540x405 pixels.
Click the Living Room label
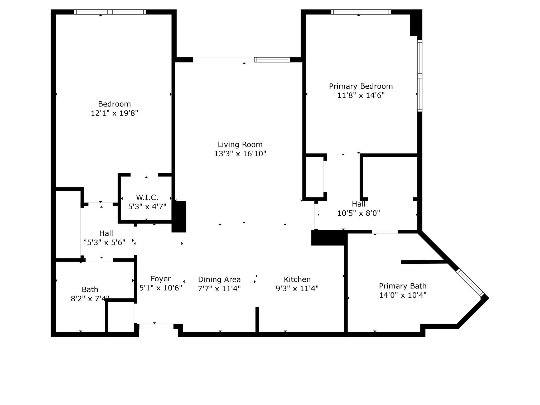click(240, 144)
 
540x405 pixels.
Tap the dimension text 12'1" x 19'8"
click(114, 113)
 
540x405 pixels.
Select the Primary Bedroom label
click(361, 86)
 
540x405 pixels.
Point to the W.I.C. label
click(147, 197)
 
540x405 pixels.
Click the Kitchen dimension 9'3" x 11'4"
click(297, 288)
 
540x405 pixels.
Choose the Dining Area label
click(219, 279)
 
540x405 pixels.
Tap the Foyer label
click(161, 279)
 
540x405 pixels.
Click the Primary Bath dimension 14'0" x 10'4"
click(403, 295)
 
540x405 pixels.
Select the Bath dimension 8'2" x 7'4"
click(90, 299)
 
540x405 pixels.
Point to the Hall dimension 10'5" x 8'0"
click(359, 213)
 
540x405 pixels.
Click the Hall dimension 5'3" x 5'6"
click(106, 242)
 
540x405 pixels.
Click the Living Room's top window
click(272, 60)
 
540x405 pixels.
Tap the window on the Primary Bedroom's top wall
click(361, 12)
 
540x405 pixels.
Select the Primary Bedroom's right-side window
click(420, 76)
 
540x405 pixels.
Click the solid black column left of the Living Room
click(179, 216)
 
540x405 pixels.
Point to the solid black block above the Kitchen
click(329, 238)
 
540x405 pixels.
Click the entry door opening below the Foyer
click(156, 326)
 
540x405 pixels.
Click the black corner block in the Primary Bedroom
click(416, 23)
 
